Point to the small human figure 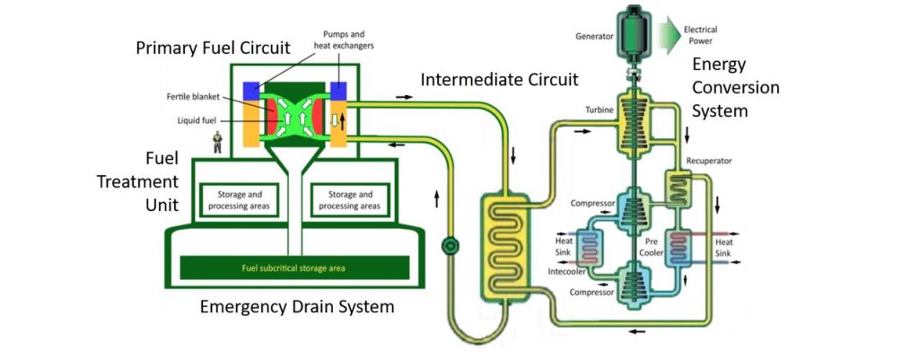pyautogui.click(x=216, y=142)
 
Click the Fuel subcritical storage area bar pyautogui.click(x=294, y=268)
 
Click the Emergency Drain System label pyautogui.click(x=296, y=307)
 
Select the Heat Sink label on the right pyautogui.click(x=724, y=248)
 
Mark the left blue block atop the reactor pyautogui.click(x=250, y=91)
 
